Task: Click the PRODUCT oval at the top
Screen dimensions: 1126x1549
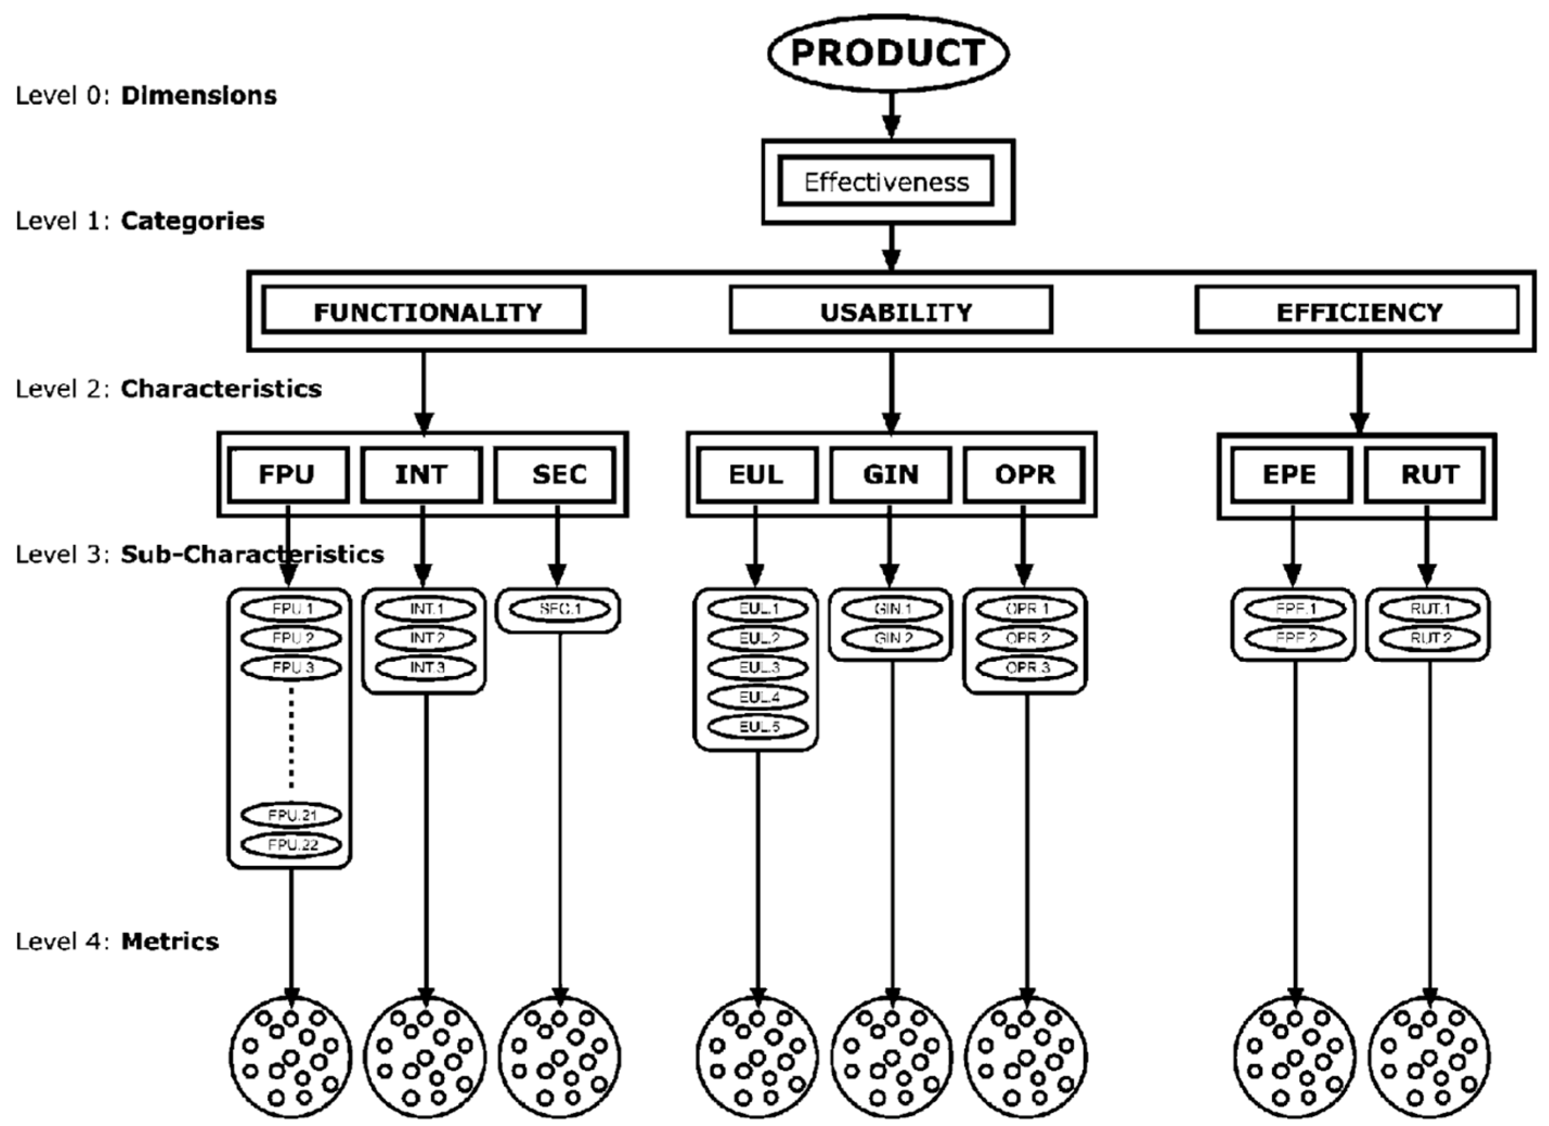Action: pyautogui.click(x=888, y=53)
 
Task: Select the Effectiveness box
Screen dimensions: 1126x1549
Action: pyautogui.click(x=886, y=182)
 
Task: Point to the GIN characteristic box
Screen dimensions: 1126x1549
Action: pyautogui.click(x=891, y=474)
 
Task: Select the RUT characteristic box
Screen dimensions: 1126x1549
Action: pyautogui.click(x=1426, y=474)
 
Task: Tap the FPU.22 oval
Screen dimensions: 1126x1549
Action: pyautogui.click(x=291, y=845)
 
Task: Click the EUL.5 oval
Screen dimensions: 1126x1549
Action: pyautogui.click(x=757, y=726)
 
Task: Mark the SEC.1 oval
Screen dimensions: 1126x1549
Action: pyautogui.click(x=559, y=609)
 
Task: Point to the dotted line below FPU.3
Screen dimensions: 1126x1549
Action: pyautogui.click(x=291, y=738)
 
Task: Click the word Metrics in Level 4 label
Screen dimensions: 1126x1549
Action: pyautogui.click(x=170, y=942)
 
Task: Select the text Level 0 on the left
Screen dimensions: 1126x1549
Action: pyautogui.click(x=61, y=95)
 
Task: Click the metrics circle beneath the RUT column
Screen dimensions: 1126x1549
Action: pyautogui.click(x=1429, y=1058)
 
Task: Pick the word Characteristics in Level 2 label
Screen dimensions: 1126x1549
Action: pyautogui.click(x=221, y=389)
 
